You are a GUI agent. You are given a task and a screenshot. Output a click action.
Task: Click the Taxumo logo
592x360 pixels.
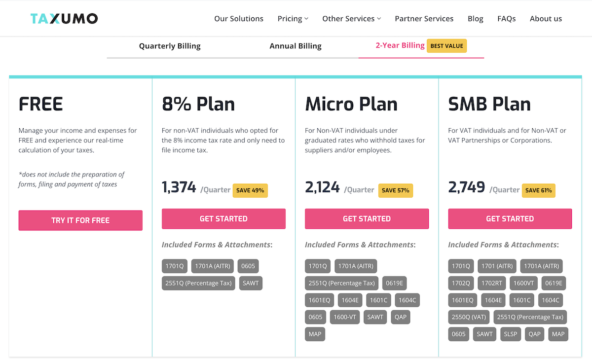(64, 19)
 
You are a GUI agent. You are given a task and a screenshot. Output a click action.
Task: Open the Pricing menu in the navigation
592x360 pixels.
(293, 19)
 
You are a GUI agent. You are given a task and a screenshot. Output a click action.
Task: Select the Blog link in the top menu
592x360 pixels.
(475, 19)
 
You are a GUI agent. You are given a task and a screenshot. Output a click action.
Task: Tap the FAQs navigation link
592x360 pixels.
(506, 19)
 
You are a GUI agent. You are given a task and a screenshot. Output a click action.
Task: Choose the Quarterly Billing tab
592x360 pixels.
(170, 46)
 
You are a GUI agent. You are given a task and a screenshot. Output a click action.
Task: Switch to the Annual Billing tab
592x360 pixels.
(295, 46)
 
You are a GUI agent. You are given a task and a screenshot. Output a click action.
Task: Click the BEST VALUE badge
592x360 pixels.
(446, 46)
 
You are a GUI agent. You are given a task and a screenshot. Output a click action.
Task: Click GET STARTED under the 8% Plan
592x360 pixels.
(223, 219)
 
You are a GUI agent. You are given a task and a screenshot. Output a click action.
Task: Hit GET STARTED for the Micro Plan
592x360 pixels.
(367, 219)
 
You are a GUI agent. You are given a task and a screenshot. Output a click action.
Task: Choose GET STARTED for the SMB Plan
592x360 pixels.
(510, 219)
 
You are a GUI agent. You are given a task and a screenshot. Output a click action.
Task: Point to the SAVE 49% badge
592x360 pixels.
(250, 190)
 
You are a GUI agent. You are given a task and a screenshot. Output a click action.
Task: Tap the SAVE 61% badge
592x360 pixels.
(539, 190)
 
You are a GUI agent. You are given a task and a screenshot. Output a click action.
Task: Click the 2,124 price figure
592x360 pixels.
(322, 188)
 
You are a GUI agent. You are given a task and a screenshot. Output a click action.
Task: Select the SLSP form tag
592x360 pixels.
(511, 334)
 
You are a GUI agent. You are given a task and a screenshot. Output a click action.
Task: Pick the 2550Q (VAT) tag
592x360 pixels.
(469, 317)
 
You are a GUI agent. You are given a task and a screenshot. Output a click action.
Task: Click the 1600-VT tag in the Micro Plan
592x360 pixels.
(345, 317)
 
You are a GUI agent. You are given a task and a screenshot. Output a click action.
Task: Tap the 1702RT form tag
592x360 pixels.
(491, 284)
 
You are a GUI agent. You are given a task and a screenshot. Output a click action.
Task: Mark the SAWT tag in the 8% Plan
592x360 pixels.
(251, 283)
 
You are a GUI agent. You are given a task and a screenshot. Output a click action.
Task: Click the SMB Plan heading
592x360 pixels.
(489, 105)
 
